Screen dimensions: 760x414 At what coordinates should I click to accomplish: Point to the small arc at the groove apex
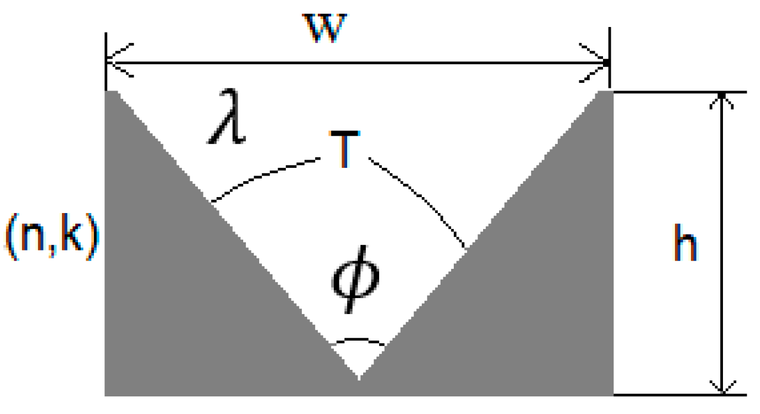(359, 341)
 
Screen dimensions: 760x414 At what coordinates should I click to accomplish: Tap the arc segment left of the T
(265, 177)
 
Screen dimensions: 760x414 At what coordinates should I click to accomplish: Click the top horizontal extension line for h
(680, 93)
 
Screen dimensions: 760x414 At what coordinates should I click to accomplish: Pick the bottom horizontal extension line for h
(680, 395)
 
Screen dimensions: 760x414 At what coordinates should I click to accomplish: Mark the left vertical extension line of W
(105, 61)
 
